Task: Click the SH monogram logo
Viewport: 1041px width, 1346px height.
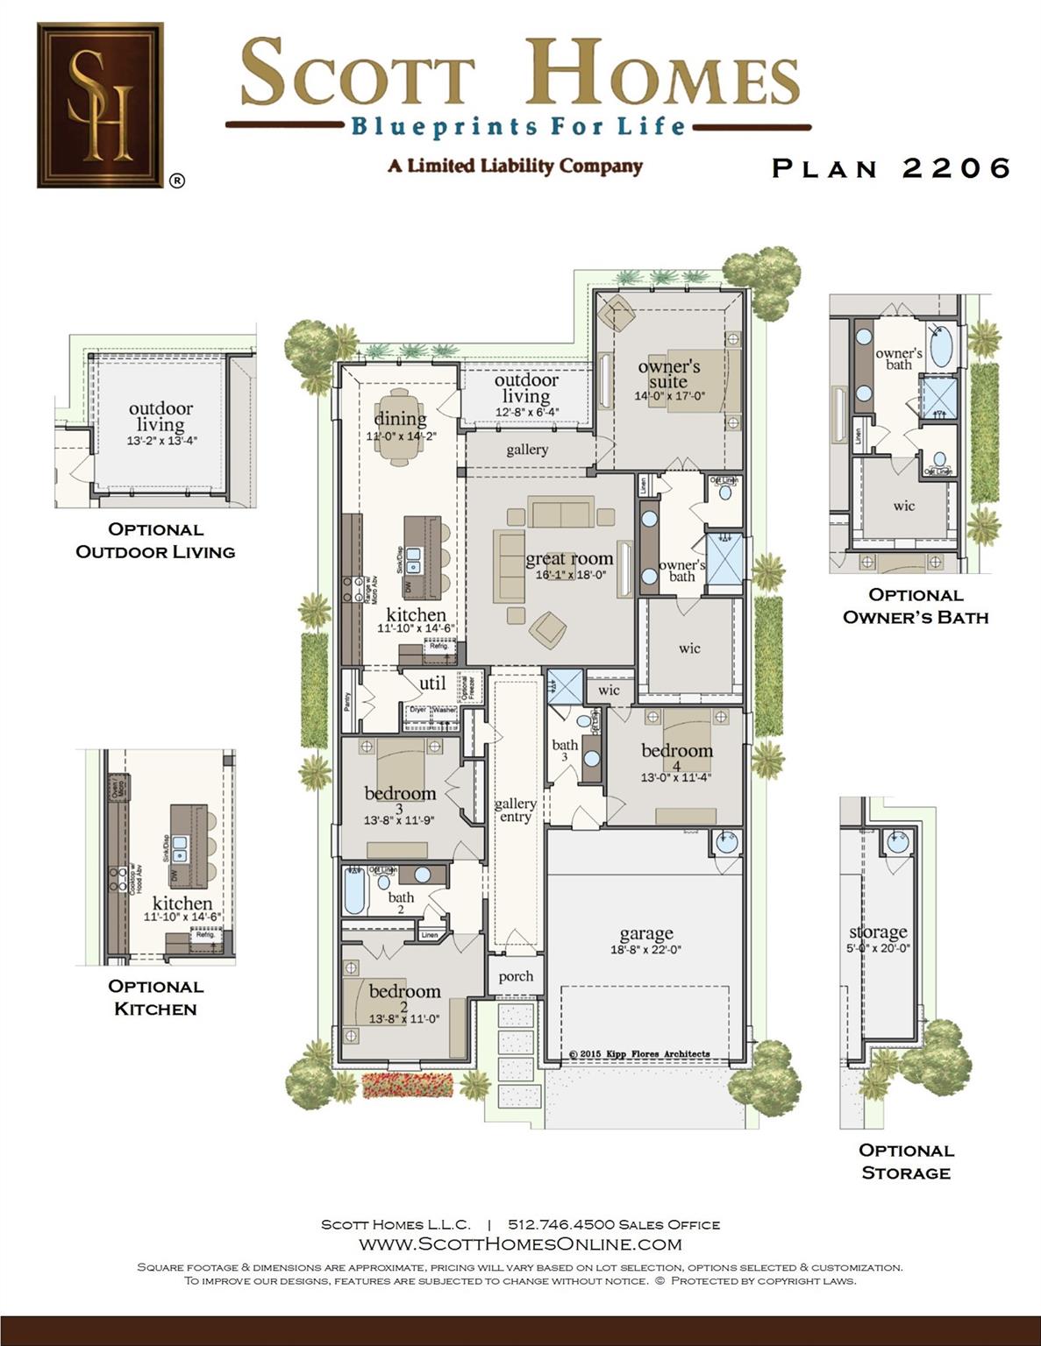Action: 101,105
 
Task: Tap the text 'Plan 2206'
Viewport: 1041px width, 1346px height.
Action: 891,168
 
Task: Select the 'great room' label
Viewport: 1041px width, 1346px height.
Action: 569,559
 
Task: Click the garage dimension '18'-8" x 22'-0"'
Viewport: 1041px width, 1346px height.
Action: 645,950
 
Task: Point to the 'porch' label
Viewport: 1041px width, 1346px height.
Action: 516,976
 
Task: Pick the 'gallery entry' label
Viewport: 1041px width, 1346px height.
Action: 515,810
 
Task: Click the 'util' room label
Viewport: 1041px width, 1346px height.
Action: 432,684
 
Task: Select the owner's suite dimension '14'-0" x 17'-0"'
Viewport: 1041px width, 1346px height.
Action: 669,396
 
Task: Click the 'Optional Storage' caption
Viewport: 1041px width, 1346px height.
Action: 906,1161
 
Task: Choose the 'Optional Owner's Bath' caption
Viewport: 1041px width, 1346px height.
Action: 916,606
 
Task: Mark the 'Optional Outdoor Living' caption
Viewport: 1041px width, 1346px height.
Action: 155,540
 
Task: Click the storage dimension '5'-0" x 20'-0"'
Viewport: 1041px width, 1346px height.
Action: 878,948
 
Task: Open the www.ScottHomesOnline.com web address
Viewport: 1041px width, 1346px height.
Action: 520,1243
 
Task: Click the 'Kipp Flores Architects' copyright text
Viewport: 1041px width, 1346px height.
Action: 639,1054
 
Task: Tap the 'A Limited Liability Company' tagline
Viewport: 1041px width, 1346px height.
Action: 515,166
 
